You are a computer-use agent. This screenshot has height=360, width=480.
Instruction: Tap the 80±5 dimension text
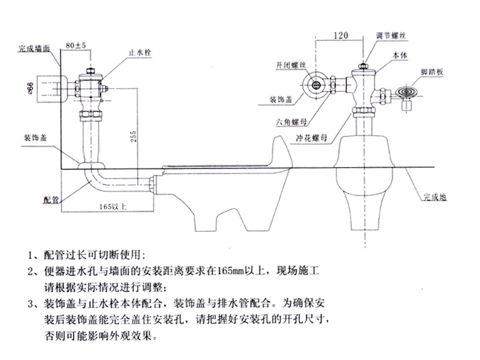click(76, 46)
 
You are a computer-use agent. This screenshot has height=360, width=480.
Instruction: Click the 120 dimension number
click(342, 37)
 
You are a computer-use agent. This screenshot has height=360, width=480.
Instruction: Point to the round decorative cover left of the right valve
click(314, 85)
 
